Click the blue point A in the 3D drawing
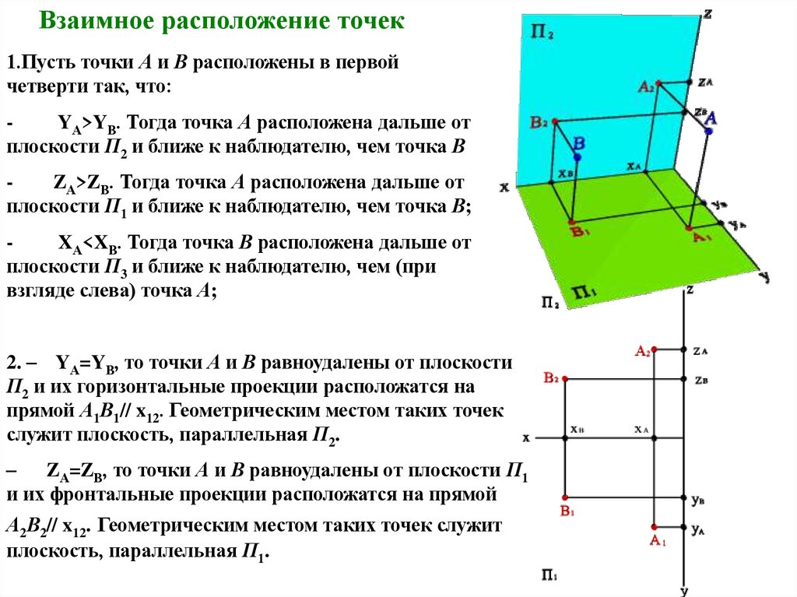710,132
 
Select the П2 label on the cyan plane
542,33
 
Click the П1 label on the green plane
584,293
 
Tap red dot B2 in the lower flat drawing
564,379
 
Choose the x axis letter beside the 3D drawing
504,187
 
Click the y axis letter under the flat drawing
683,591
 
